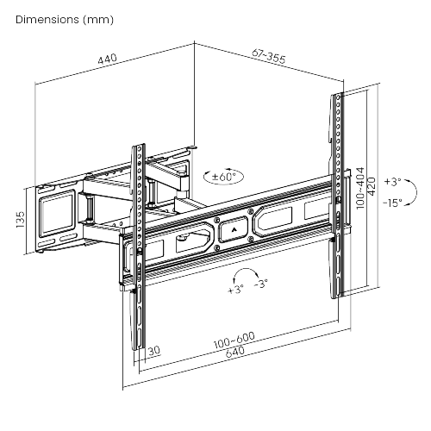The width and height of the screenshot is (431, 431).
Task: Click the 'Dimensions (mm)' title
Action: (65, 20)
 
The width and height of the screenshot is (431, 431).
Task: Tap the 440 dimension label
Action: (108, 59)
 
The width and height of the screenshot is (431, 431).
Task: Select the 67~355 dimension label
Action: (269, 56)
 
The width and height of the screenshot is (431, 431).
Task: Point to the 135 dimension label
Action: (21, 220)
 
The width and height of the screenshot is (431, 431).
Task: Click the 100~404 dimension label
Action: (360, 188)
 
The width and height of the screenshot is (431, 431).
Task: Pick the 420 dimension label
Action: (372, 186)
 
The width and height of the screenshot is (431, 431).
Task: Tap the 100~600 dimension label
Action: (234, 340)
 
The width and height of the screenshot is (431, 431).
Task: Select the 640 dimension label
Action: (235, 352)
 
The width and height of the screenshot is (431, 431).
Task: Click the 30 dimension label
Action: (153, 350)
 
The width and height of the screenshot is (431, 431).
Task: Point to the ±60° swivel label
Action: (224, 176)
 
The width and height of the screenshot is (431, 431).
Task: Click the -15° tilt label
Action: (392, 203)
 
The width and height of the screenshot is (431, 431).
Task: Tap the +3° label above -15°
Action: (393, 182)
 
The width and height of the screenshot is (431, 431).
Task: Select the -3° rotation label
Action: (261, 284)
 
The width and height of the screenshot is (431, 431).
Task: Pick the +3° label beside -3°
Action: (235, 289)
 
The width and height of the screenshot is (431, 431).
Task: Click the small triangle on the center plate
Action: (234, 229)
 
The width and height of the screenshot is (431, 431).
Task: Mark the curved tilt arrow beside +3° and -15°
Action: (416, 192)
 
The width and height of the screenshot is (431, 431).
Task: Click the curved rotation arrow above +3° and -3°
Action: (245, 270)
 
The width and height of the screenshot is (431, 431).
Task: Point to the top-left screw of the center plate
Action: (216, 221)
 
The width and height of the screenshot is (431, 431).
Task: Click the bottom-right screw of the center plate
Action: (250, 238)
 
